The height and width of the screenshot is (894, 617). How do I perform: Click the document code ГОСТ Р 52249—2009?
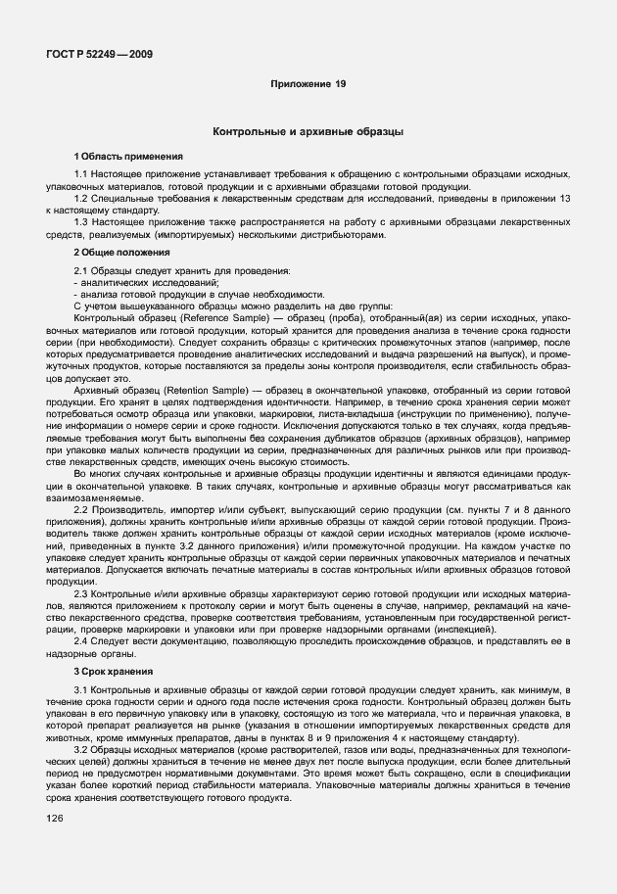[x=97, y=54]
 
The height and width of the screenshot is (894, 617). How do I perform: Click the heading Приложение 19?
[x=308, y=85]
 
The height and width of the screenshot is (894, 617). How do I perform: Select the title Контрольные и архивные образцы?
[x=308, y=130]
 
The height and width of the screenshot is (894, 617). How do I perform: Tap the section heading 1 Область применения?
[x=121, y=157]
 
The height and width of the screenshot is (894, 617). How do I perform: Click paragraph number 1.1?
[x=81, y=173]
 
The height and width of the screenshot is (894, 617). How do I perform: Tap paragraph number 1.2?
[x=81, y=198]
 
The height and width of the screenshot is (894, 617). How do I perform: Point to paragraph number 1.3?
[x=81, y=222]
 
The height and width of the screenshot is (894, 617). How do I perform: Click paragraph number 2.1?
[x=81, y=270]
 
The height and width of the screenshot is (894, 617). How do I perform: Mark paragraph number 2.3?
[x=81, y=593]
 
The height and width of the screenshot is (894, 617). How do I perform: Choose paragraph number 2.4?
[x=81, y=641]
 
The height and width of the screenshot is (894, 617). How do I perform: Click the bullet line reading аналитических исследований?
[x=134, y=282]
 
